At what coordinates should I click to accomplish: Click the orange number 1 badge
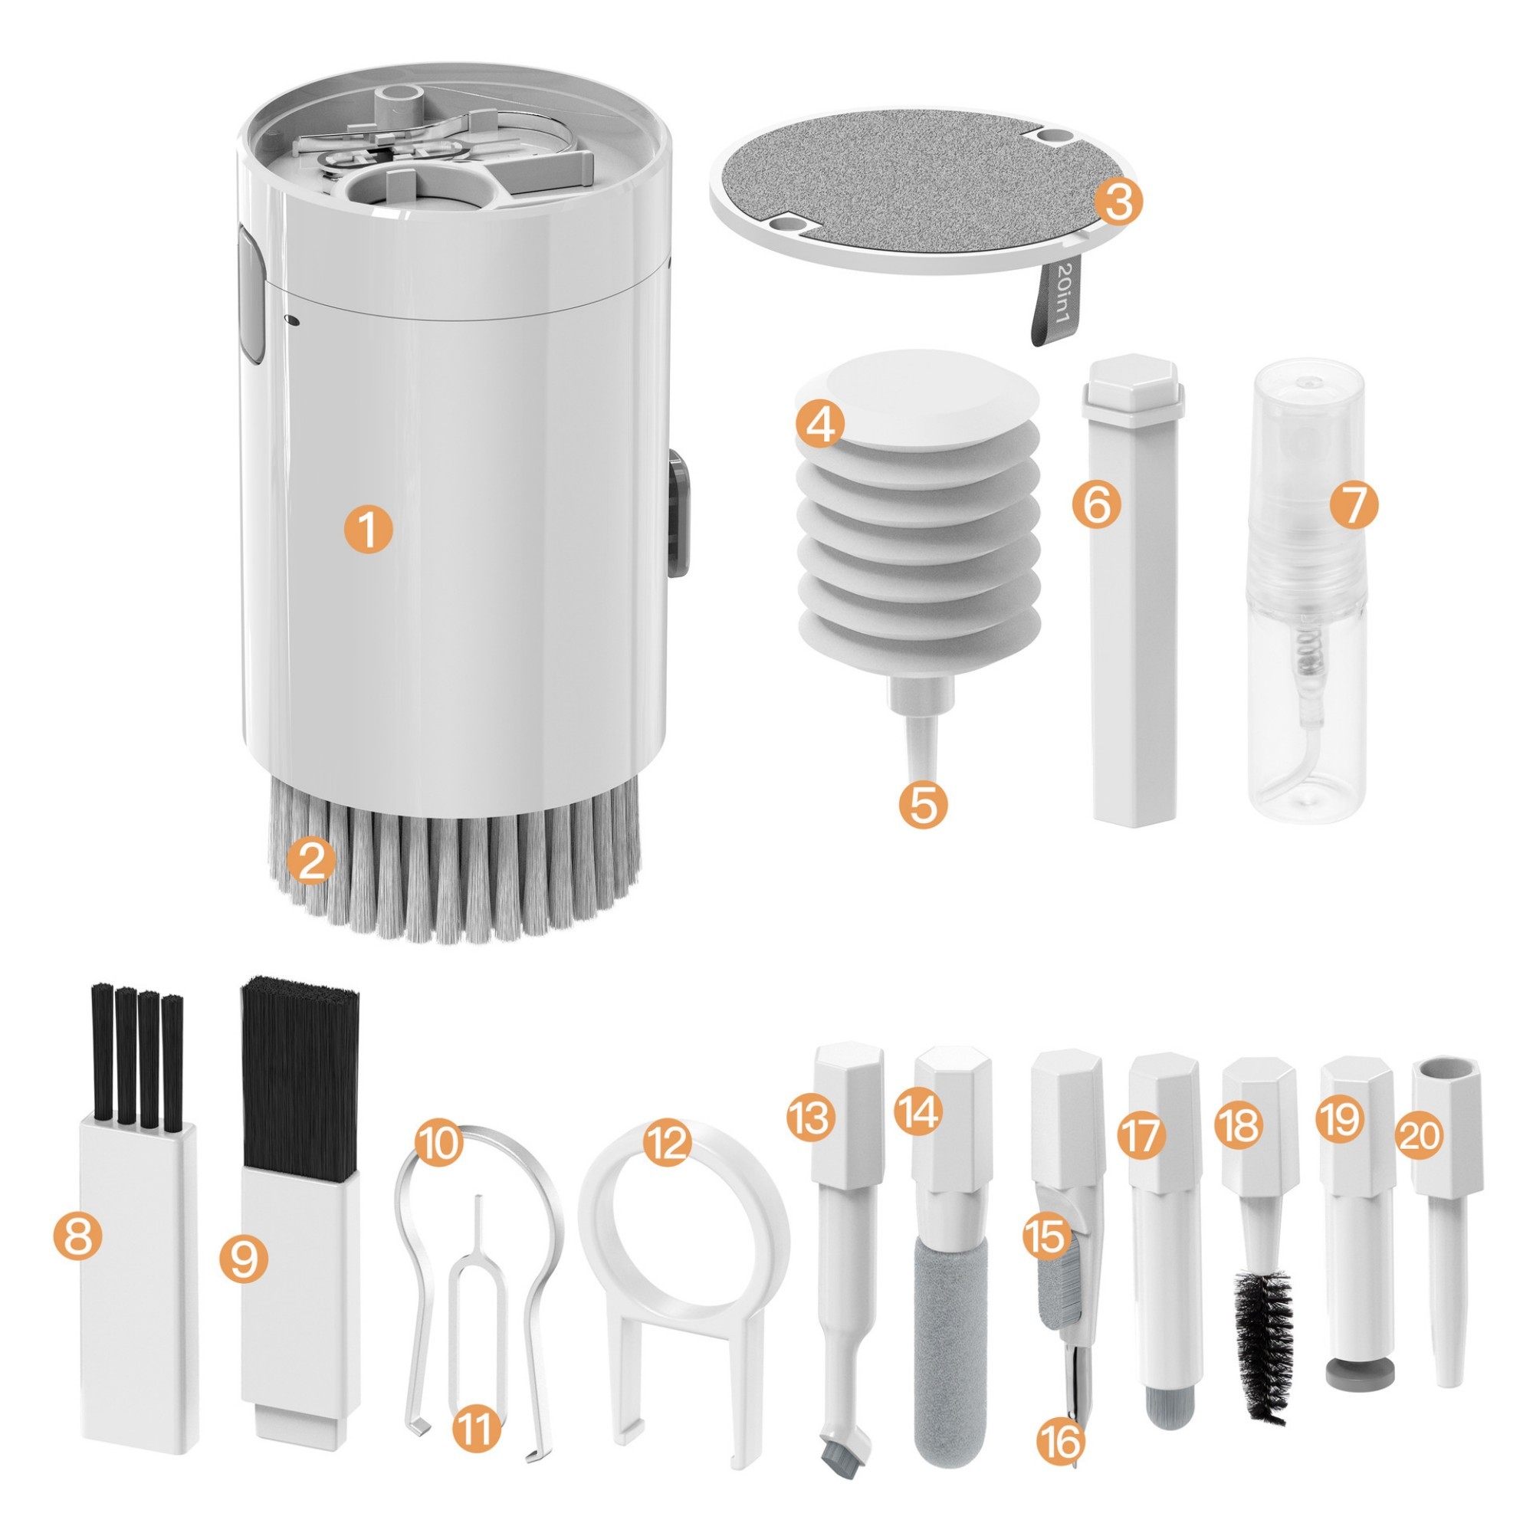point(367,530)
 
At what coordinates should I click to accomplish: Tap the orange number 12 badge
point(667,1144)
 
